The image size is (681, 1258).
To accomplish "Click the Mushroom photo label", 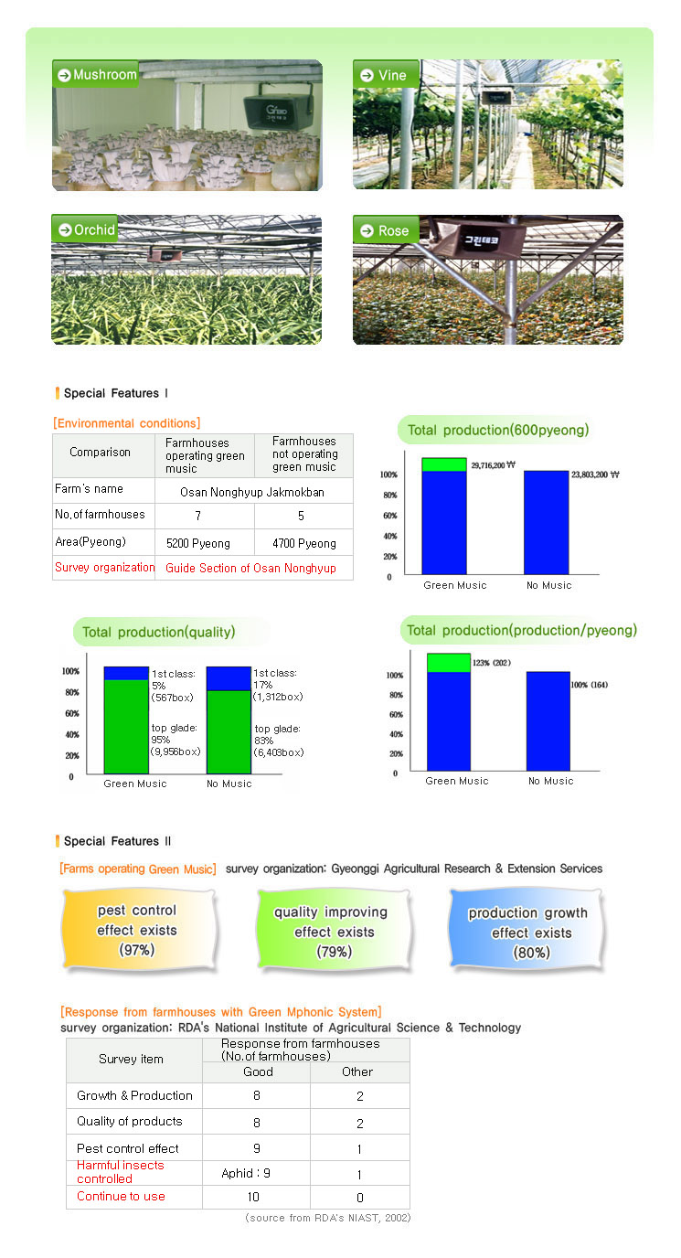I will [96, 74].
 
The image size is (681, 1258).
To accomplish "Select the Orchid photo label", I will [86, 229].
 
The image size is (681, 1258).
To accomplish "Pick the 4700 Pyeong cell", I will [304, 543].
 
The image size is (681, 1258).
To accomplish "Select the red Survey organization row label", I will [104, 568].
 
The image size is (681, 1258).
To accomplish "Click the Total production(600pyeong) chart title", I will [498, 430].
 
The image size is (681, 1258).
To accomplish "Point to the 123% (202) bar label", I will [492, 662].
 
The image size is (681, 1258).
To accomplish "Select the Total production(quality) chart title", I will [158, 632].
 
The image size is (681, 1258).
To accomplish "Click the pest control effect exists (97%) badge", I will [137, 930].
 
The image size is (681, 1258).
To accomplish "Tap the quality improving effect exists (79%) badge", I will [331, 932].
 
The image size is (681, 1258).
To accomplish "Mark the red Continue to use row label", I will [121, 1197].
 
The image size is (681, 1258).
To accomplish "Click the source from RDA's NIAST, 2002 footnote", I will [327, 1218].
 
